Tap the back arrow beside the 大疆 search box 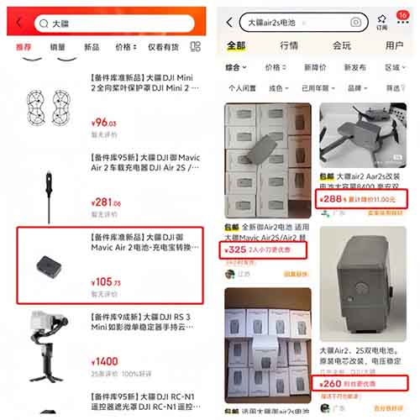pyautogui.click(x=18, y=25)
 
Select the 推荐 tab pyautogui.click(x=23, y=48)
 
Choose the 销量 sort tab pyautogui.click(x=58, y=48)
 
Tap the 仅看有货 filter pyautogui.click(x=164, y=48)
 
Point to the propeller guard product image pyautogui.click(x=46, y=105)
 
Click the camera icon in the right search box pyautogui.click(x=356, y=22)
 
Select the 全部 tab pyautogui.click(x=237, y=45)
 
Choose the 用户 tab pyautogui.click(x=394, y=45)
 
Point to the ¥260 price pyautogui.click(x=329, y=383)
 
